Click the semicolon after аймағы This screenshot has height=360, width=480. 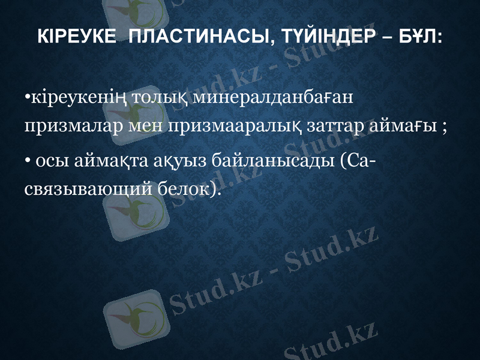(x=444, y=128)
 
